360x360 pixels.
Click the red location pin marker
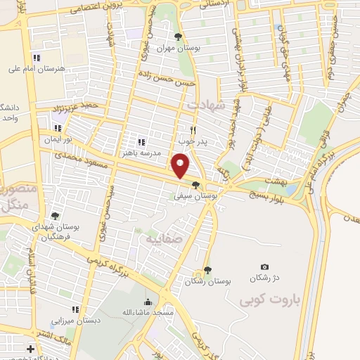coord(181,165)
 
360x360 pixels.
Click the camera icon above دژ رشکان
coord(264,266)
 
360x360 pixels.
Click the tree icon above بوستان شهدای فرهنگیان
coord(55,216)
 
